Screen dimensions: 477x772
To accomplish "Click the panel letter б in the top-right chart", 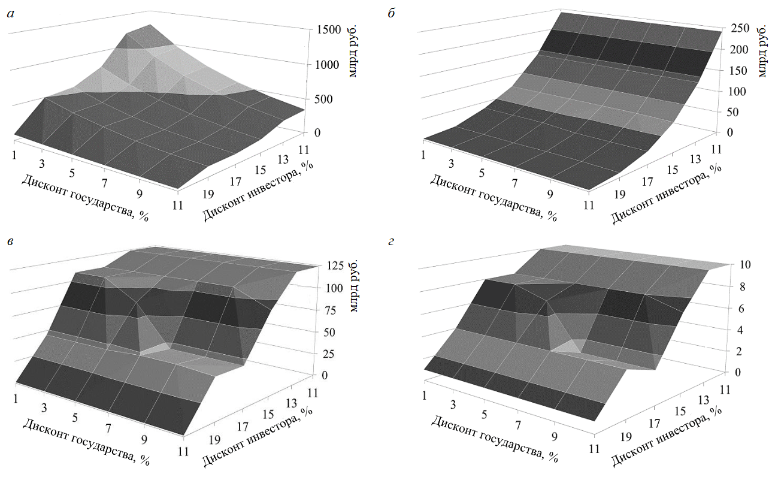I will pyautogui.click(x=392, y=13).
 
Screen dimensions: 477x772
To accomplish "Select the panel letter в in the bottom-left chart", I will pyautogui.click(x=10, y=243).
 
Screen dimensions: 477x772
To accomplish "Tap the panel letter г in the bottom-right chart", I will pyautogui.click(x=392, y=243).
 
